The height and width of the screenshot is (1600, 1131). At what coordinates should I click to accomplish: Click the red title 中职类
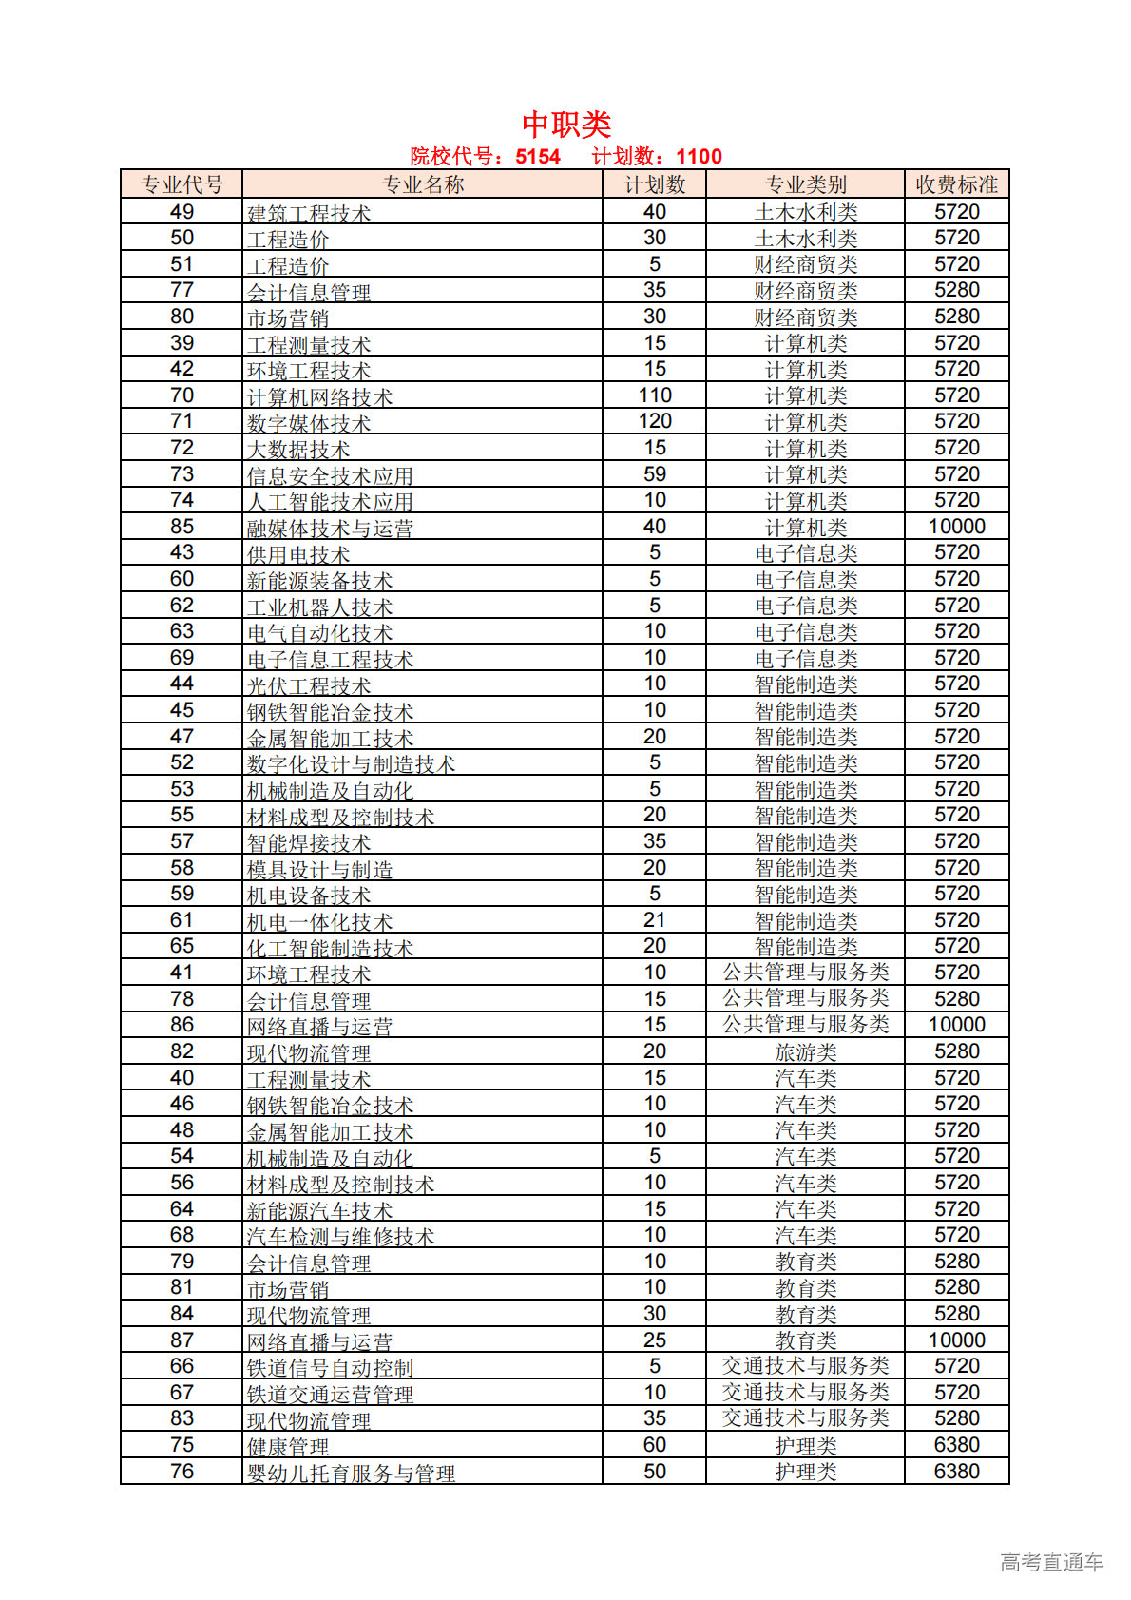[566, 124]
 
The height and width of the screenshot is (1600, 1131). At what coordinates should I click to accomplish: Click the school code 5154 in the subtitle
[538, 157]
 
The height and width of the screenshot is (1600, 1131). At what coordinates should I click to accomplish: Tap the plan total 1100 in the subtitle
[699, 157]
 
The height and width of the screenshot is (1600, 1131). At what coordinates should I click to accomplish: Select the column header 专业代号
[182, 184]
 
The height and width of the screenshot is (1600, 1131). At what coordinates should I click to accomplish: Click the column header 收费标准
[956, 184]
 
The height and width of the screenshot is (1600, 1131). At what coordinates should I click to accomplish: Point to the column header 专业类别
[805, 184]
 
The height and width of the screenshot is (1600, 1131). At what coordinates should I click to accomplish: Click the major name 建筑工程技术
[309, 213]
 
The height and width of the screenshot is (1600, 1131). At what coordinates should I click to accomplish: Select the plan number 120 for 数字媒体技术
[654, 421]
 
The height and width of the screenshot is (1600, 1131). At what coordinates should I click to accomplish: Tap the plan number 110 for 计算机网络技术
[654, 395]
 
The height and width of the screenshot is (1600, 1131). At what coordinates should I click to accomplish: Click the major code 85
[182, 527]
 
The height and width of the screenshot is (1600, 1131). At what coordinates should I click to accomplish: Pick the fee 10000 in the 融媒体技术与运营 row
[956, 527]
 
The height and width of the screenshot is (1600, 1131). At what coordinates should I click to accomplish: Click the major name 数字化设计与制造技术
[351, 763]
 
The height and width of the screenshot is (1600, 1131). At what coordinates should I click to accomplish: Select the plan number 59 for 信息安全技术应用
[654, 474]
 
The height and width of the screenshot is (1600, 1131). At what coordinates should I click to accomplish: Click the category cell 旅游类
[805, 1052]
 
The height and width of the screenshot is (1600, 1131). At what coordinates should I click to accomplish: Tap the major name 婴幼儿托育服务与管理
[351, 1473]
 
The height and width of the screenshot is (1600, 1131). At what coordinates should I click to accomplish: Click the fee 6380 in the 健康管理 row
[956, 1445]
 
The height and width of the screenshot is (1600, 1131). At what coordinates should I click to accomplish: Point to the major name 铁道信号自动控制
[330, 1367]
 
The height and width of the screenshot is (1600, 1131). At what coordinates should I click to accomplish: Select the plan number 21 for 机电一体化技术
[654, 920]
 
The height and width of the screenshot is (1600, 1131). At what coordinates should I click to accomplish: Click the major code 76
[182, 1472]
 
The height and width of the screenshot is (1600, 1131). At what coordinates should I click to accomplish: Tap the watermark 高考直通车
[1051, 1561]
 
